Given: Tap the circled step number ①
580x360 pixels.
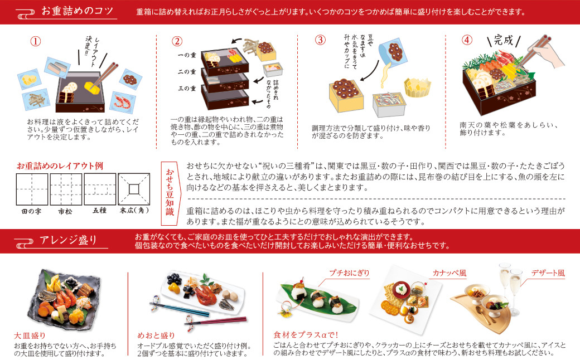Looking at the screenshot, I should (36, 41).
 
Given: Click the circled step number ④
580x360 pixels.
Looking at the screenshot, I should (466, 40).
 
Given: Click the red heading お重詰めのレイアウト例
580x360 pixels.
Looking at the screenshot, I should (60, 166).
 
